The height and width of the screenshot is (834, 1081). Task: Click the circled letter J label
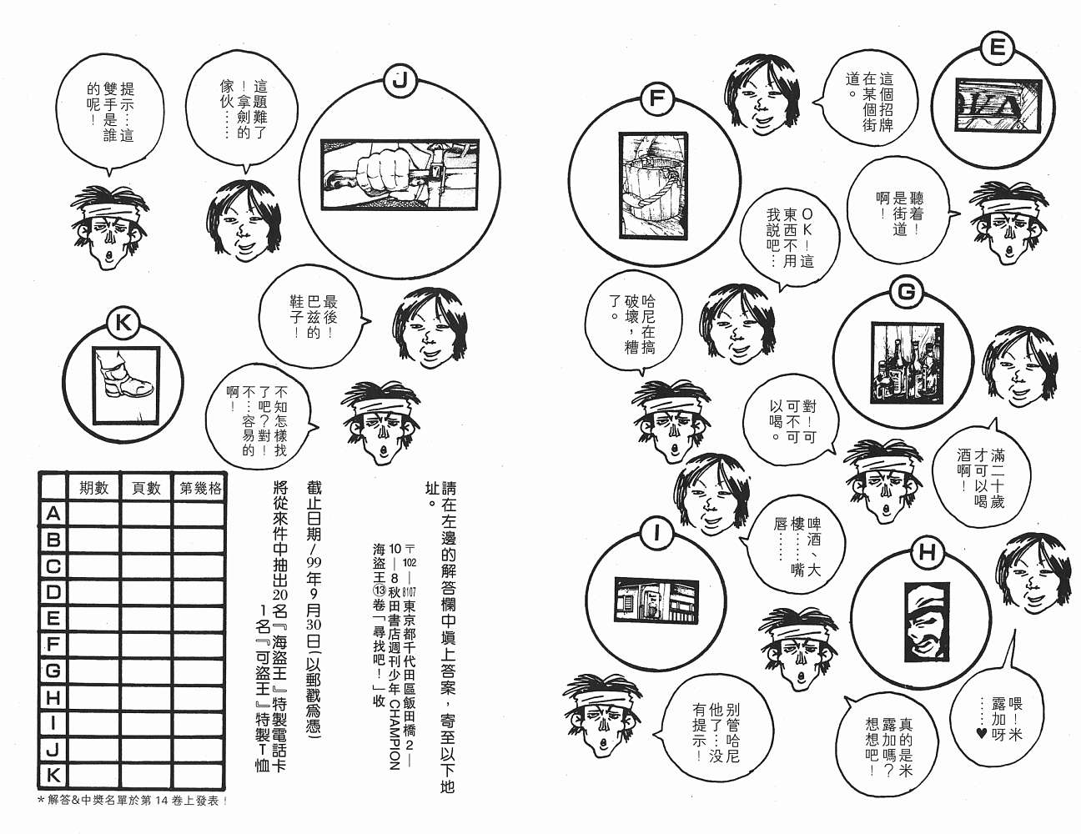[399, 81]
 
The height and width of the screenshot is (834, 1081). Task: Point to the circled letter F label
[656, 98]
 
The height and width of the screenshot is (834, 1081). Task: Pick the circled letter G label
[907, 292]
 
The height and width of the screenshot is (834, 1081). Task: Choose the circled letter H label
[928, 553]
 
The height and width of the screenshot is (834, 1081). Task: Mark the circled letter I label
[656, 534]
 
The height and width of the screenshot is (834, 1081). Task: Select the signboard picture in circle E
[998, 105]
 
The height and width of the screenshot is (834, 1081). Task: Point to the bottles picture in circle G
[908, 363]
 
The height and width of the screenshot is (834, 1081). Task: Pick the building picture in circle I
[656, 600]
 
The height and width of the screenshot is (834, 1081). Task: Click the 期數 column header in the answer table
[93, 488]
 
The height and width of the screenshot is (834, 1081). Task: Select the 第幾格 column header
[200, 488]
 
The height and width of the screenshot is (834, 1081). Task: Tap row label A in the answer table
[53, 514]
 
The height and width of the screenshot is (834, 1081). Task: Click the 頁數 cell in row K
[146, 775]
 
